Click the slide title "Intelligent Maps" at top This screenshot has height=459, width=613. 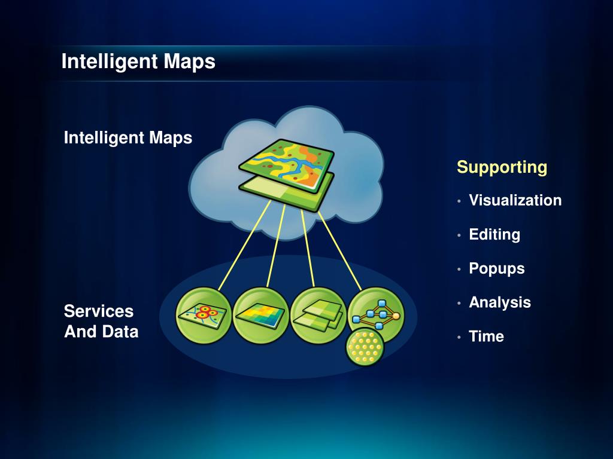tap(138, 62)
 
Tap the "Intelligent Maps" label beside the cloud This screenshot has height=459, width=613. tap(128, 138)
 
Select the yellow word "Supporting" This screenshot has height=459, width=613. tap(502, 167)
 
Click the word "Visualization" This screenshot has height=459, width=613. tap(515, 200)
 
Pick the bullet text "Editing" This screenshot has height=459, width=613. tap(494, 234)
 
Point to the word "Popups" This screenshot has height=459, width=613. tap(497, 268)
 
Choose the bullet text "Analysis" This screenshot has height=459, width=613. tap(500, 302)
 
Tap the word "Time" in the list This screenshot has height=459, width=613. tap(486, 336)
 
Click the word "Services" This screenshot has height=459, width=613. tap(99, 311)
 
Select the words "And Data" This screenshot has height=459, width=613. tap(101, 332)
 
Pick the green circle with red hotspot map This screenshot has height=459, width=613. tap(204, 315)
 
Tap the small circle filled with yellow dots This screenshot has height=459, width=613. tap(365, 348)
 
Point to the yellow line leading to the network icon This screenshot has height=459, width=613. tap(338, 245)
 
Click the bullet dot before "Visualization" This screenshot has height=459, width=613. tap(459, 201)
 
